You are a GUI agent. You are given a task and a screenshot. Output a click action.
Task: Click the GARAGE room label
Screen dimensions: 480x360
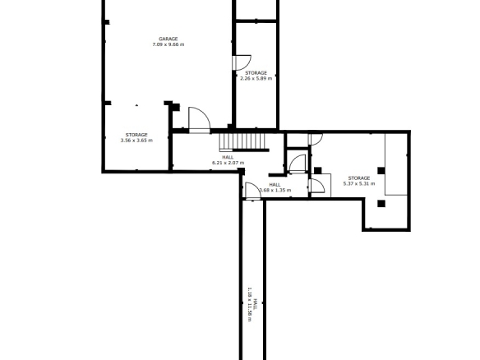[x=168, y=39]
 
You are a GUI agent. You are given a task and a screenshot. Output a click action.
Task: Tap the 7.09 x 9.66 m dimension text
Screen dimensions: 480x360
[x=168, y=44]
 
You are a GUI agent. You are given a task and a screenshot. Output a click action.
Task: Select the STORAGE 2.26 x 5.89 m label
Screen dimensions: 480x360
[x=256, y=76]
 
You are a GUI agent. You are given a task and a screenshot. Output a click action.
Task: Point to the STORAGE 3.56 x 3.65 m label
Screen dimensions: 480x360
[x=136, y=138]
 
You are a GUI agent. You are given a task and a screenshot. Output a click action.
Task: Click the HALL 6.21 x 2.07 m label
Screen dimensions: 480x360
[x=228, y=160]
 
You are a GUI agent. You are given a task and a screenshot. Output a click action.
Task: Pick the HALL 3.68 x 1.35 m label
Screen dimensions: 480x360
[x=275, y=187]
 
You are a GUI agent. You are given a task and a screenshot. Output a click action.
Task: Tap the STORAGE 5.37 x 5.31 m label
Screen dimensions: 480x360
[x=359, y=181]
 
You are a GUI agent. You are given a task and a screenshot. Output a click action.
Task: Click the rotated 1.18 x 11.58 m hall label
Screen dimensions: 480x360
[x=252, y=304]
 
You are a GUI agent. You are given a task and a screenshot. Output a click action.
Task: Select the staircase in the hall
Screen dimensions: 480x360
[x=242, y=141]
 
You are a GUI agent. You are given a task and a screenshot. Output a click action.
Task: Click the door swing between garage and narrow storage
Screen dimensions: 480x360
[x=242, y=62]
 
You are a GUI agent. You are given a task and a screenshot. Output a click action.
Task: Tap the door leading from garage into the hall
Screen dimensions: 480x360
[x=199, y=120]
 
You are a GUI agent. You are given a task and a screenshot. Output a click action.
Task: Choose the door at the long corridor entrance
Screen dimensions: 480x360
[x=253, y=191]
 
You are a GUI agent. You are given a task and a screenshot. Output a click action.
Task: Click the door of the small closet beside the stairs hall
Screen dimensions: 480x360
[x=298, y=164]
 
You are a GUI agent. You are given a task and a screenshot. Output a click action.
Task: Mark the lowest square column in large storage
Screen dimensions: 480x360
[x=381, y=204]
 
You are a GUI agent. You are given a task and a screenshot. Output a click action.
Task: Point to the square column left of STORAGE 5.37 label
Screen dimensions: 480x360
[x=318, y=170]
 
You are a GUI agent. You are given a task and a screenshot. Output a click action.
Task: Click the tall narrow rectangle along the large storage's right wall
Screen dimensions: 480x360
[x=396, y=164]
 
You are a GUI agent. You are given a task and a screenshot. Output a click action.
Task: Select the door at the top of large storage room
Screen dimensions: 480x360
[x=316, y=139]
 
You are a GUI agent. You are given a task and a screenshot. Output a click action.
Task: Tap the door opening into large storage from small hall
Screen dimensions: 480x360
[x=317, y=186]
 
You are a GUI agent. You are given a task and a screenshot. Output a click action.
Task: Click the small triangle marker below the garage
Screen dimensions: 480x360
[x=136, y=105]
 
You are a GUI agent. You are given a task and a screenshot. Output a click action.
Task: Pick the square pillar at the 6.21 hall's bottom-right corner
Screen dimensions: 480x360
[x=241, y=172]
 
